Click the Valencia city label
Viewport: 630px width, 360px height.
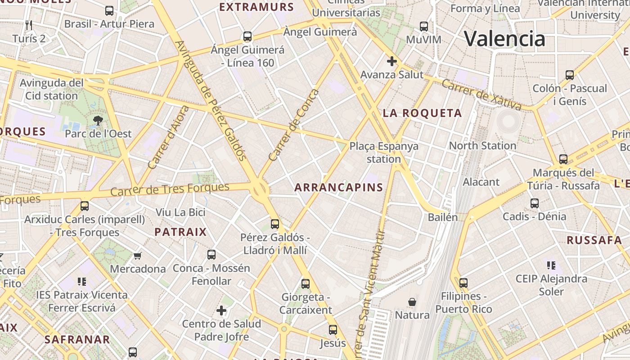coord(504,39)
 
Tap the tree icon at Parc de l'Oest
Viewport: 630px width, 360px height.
coord(98,120)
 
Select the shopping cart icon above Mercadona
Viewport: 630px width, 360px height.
coord(137,256)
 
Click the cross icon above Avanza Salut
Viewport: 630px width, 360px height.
coord(392,61)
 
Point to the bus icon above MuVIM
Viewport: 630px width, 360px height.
coord(424,27)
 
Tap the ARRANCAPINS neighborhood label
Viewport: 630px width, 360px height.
coord(338,188)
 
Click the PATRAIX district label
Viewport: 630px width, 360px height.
coord(180,232)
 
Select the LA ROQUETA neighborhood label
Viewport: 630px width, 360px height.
coord(422,113)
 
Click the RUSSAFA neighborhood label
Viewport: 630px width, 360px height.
coord(594,240)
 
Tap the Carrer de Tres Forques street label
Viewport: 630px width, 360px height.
coord(170,189)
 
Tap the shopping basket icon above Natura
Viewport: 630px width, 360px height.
coord(412,301)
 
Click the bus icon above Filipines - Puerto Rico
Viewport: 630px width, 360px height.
coord(463,283)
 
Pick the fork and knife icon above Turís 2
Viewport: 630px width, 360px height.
coord(29,25)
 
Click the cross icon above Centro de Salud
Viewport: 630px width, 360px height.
coord(221,310)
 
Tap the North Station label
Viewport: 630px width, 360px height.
coord(482,145)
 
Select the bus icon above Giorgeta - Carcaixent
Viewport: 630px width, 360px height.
coord(306,284)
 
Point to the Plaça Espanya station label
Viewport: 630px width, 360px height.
coord(384,152)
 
